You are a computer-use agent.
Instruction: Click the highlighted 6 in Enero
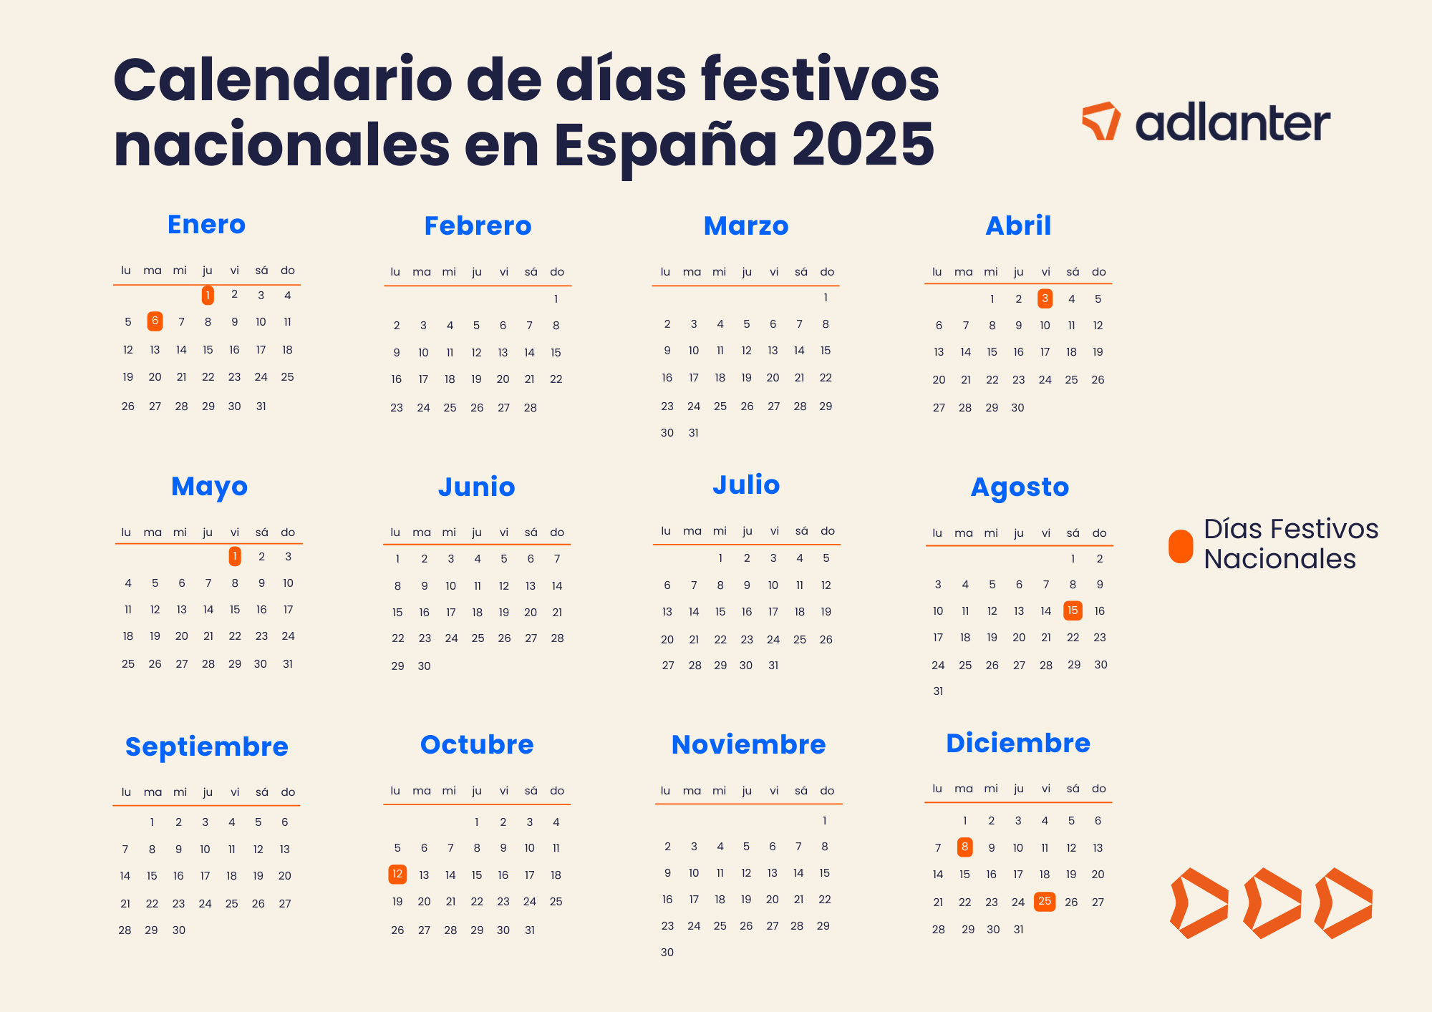point(155,321)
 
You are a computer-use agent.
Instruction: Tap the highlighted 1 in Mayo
point(235,556)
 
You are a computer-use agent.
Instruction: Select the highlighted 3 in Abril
point(1045,298)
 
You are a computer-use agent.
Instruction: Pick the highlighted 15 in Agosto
point(1073,610)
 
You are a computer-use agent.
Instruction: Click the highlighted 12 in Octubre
point(397,874)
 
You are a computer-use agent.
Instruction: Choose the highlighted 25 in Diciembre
point(1045,901)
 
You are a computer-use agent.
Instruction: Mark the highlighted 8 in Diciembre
point(965,847)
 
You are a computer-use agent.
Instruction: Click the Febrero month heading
point(478,225)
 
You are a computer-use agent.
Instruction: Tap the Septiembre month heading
point(206,746)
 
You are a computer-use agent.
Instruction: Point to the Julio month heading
point(746,485)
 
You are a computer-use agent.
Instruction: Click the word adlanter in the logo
point(1232,124)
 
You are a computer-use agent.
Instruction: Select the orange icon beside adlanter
point(1101,120)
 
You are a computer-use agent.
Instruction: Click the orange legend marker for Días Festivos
point(1181,546)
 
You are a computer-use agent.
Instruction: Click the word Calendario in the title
point(282,80)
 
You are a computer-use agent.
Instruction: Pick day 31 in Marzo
point(693,433)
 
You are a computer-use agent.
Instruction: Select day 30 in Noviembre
point(667,953)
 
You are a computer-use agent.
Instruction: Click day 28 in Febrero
point(530,408)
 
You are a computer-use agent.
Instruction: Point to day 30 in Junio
point(424,666)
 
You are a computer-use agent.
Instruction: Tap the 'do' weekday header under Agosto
point(1099,533)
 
